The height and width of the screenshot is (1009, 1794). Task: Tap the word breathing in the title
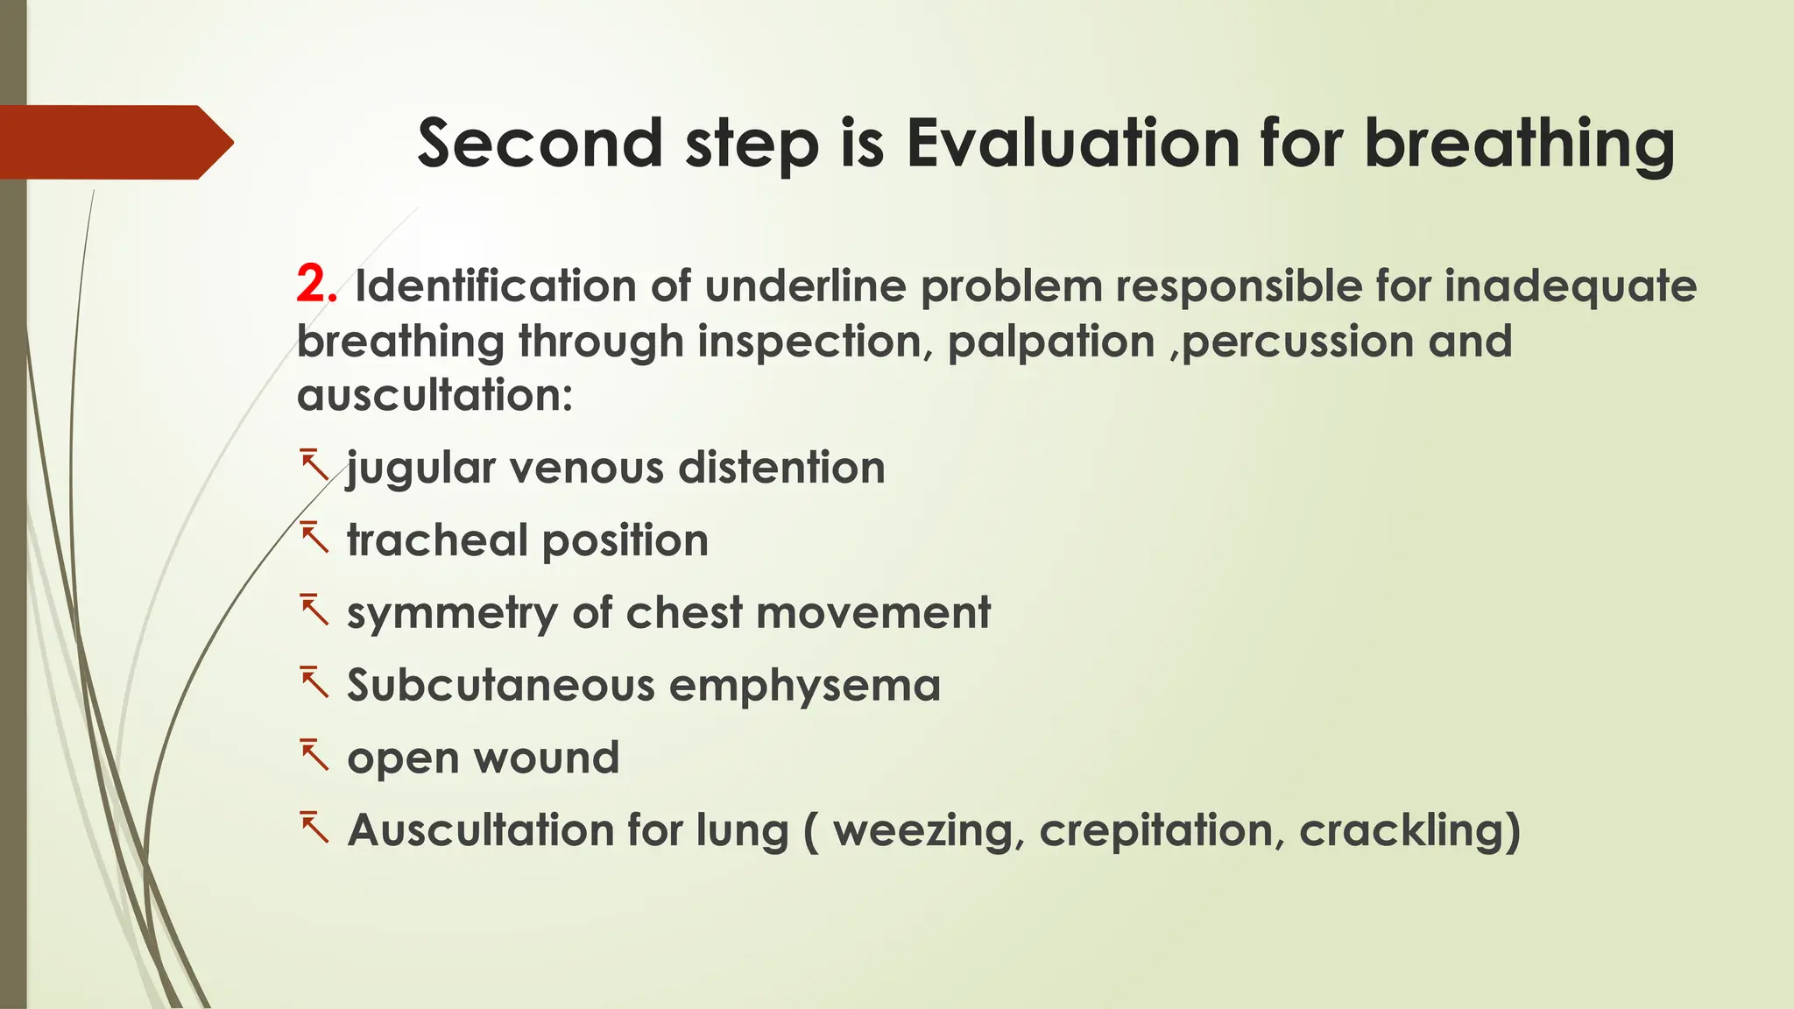(x=1520, y=145)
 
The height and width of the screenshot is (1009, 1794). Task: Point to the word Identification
(x=495, y=286)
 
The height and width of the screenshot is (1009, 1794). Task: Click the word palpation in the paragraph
(x=1050, y=342)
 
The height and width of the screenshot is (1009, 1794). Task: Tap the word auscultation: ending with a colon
(x=434, y=395)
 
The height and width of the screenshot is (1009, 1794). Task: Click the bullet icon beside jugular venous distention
(x=314, y=465)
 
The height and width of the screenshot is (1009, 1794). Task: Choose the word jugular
(x=421, y=468)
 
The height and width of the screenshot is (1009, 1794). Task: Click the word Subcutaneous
(x=501, y=685)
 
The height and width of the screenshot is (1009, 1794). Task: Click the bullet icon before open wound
(x=314, y=755)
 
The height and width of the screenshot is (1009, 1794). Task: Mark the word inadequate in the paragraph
(x=1570, y=286)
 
